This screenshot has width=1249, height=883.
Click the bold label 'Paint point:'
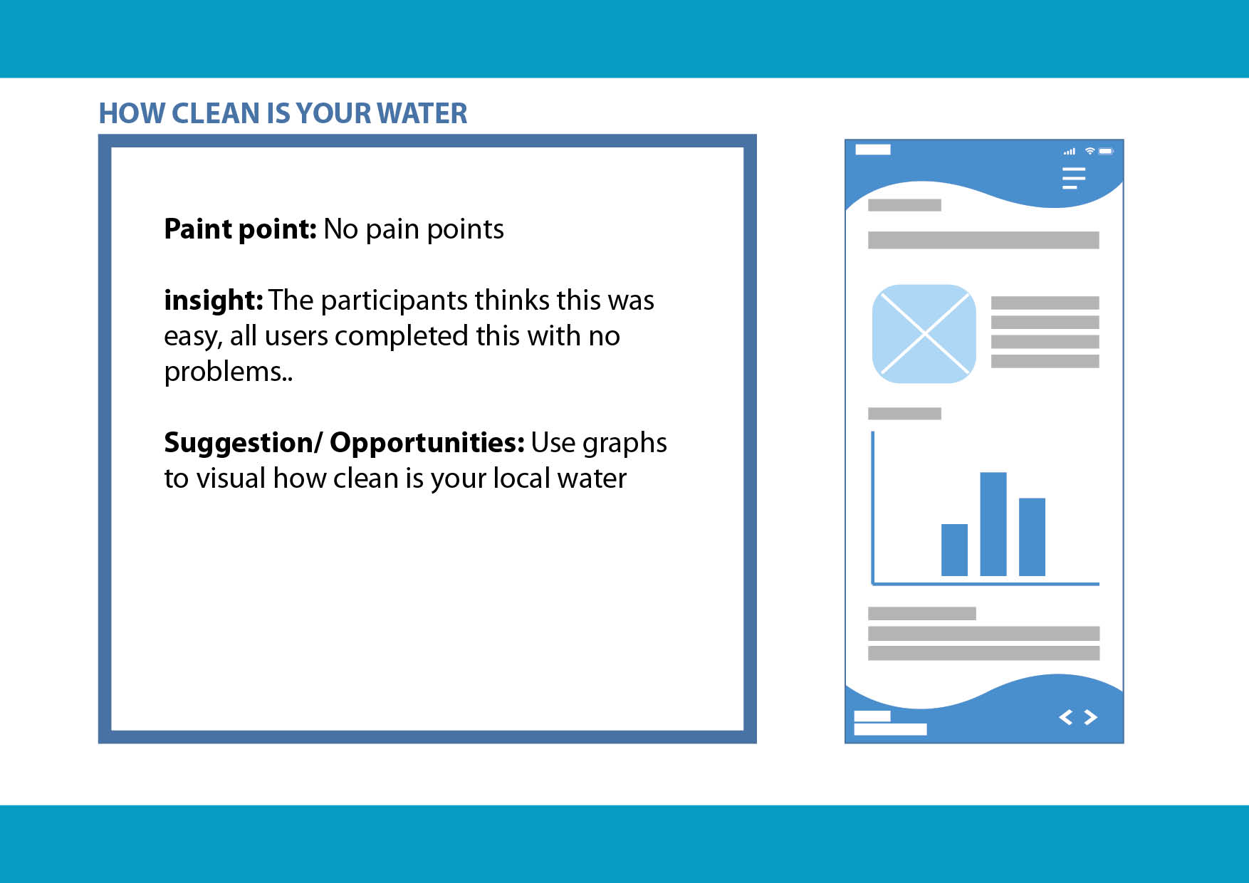(240, 229)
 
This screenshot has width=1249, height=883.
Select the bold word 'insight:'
(214, 300)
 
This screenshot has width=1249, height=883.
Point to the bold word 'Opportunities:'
(427, 443)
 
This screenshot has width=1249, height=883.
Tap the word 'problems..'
(228, 372)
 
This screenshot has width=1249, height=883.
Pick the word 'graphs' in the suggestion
(624, 444)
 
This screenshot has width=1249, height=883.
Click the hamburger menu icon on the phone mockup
(1074, 178)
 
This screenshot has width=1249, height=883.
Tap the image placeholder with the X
(924, 333)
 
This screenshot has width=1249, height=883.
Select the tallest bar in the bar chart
(993, 524)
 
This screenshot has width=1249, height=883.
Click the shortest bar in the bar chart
(954, 550)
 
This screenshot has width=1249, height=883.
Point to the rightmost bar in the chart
(1032, 537)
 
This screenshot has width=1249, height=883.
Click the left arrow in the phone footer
(1066, 717)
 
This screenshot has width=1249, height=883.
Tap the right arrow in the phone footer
(1090, 717)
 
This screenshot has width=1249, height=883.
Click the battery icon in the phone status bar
(1106, 151)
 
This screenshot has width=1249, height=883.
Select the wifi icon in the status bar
(1089, 151)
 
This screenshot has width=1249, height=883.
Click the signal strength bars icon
(1070, 152)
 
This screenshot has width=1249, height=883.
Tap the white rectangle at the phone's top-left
(873, 150)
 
